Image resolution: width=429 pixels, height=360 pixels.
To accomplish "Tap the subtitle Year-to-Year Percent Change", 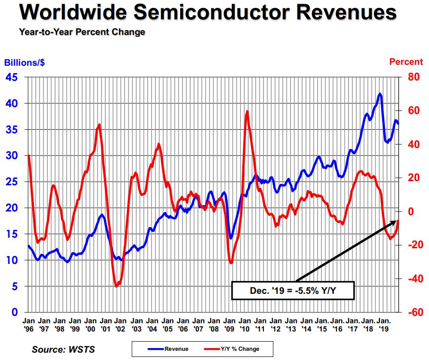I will click(x=82, y=32).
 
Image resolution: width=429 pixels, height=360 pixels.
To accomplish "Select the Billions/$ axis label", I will click(x=25, y=62).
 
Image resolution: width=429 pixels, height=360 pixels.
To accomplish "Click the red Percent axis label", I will click(x=406, y=62).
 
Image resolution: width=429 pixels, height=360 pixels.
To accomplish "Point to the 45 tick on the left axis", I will click(x=12, y=77).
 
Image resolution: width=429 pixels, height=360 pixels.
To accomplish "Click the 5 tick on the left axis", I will click(x=15, y=286).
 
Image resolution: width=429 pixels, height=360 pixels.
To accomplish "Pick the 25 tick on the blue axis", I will click(x=12, y=182).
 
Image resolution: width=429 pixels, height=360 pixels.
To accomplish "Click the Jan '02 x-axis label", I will click(x=121, y=325).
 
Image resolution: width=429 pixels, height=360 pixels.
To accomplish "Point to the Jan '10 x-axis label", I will click(x=245, y=325).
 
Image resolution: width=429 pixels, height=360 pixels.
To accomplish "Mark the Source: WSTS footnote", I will click(x=63, y=349).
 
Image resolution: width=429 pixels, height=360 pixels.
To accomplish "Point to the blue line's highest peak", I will click(x=379, y=94).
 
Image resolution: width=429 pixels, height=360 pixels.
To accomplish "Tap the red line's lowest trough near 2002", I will click(x=117, y=286).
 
